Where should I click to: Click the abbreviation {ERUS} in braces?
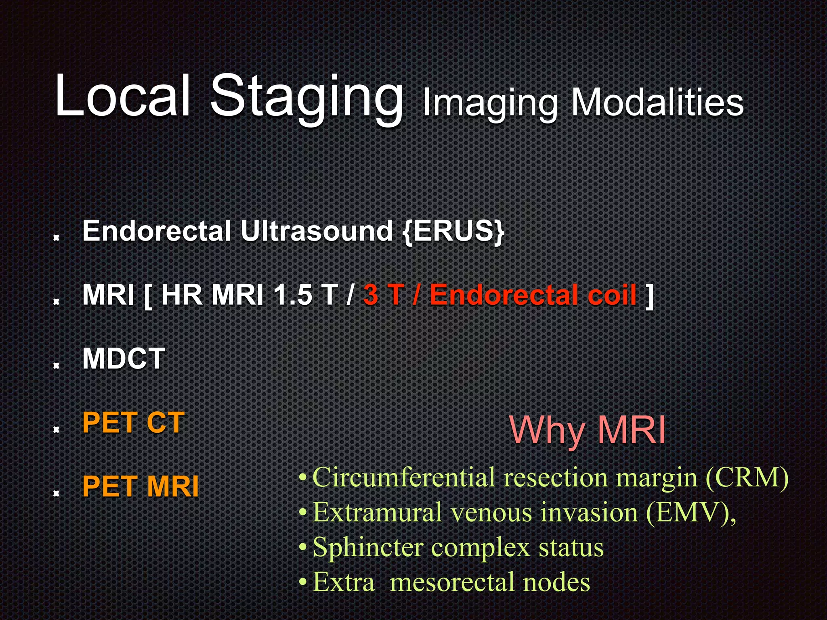(453, 231)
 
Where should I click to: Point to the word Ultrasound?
(317, 231)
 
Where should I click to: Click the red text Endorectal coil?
(533, 295)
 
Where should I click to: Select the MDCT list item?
(124, 358)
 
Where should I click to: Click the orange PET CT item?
(133, 423)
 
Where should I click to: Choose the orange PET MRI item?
(140, 486)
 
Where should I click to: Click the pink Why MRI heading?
(588, 430)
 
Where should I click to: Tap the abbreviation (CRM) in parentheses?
(747, 478)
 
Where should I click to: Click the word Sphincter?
(368, 548)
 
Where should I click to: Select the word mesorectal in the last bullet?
(452, 582)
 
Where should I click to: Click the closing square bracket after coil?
(649, 295)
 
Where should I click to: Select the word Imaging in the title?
(490, 103)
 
